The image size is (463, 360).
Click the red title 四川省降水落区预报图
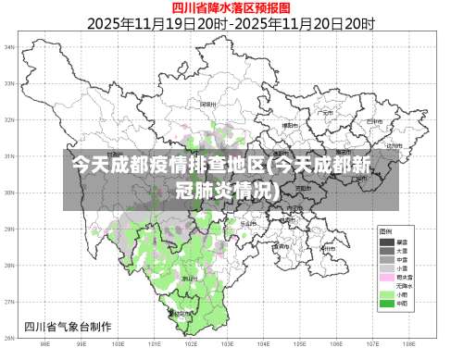[231, 7]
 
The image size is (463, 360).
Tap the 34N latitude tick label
[10, 46]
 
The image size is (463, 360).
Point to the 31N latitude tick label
[10, 155]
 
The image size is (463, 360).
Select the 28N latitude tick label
[10, 265]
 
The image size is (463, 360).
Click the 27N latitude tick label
[10, 301]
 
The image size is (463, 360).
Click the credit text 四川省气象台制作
[68, 326]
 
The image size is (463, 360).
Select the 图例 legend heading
[384, 230]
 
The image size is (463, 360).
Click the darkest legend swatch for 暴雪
[386, 242]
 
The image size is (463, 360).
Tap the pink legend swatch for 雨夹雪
[386, 276]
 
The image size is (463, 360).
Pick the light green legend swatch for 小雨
[386, 293]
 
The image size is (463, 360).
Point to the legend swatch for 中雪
[386, 258]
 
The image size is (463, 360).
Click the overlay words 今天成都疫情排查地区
[167, 167]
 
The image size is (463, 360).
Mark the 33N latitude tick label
[10, 83]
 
